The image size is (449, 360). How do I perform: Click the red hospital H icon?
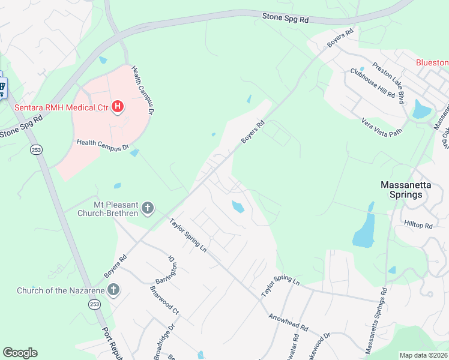coord(118,107)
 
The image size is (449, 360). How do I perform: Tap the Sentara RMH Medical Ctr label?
coord(61,107)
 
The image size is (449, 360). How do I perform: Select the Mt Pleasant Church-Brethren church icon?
coord(148,209)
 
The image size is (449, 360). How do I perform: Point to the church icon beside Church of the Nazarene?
coord(112,291)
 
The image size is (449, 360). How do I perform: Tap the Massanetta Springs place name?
coord(406,190)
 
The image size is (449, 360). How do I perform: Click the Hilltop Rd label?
coord(418,226)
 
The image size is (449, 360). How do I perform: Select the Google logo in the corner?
coord(20,353)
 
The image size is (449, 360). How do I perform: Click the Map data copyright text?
coord(423,355)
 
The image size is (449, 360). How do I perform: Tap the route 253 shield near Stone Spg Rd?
coord(36,149)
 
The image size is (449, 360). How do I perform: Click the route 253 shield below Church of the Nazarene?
coord(94,305)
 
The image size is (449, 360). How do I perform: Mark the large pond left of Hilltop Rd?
coord(363,231)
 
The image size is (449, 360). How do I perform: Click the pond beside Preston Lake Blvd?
coord(421,109)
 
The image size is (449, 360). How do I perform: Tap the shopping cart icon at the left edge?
coord(2,89)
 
